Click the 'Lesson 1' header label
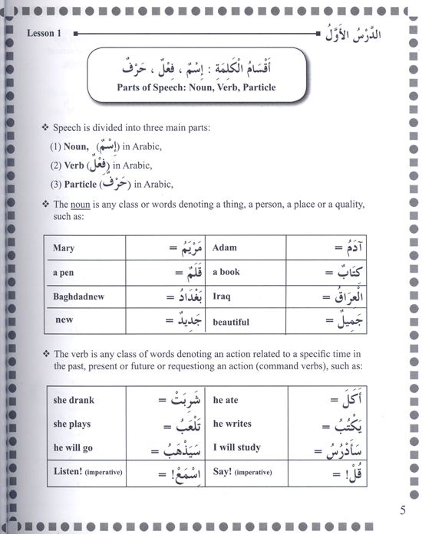[x=48, y=34]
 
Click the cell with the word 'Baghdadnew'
[x=78, y=296]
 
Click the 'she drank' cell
[x=75, y=400]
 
